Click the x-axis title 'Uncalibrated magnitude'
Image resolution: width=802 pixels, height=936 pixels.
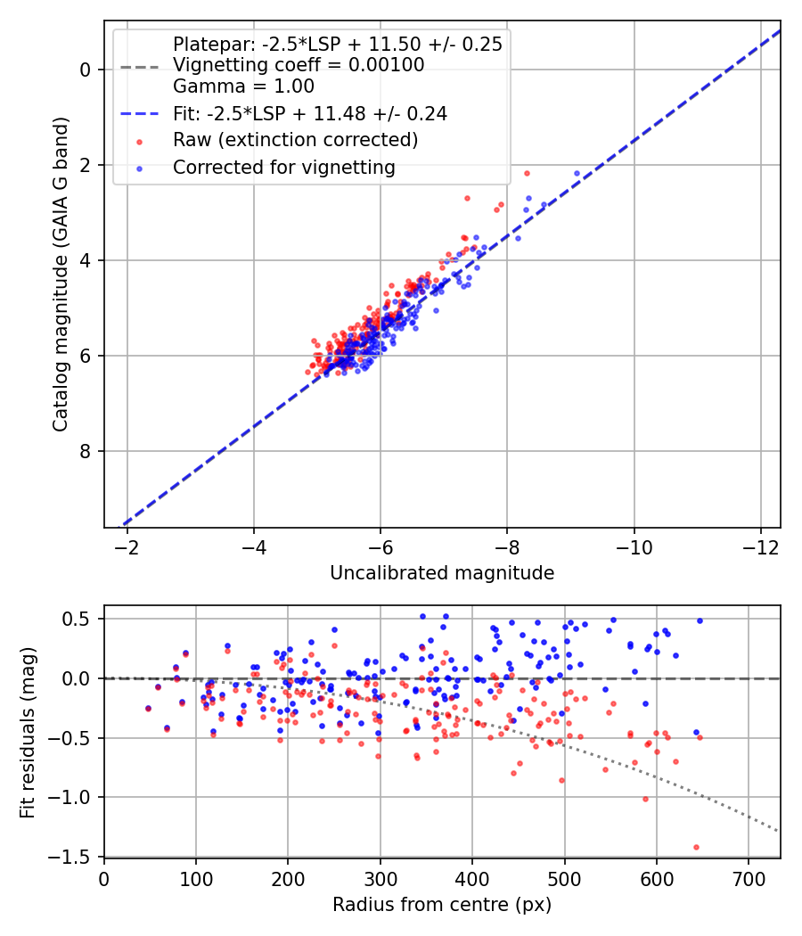[442, 573]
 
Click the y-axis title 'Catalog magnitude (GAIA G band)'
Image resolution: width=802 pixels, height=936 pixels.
[60, 274]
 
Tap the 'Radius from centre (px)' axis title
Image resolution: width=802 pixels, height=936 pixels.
[442, 905]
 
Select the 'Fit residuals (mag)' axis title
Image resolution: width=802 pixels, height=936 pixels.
[28, 733]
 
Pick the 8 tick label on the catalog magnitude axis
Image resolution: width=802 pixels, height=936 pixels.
[85, 451]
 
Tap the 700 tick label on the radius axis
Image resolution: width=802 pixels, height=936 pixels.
[749, 879]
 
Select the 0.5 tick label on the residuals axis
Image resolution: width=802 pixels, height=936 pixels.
[76, 619]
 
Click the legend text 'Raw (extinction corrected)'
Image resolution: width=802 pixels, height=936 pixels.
[295, 140]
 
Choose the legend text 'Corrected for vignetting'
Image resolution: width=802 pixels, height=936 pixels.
[284, 168]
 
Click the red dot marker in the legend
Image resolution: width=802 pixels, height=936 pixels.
[140, 142]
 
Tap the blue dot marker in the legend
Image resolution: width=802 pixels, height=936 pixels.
[140, 169]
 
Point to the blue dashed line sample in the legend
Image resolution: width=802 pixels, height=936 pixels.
[140, 113]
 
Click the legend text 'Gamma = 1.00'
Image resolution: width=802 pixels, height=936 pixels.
[243, 86]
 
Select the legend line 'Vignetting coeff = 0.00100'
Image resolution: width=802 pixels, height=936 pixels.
[299, 65]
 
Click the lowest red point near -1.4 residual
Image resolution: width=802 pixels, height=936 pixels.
[696, 847]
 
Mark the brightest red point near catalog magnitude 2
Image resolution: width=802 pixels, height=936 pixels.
[527, 173]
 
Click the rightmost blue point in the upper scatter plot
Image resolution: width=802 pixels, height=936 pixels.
[577, 173]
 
